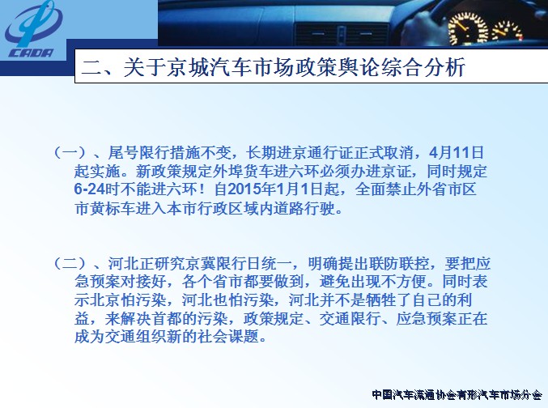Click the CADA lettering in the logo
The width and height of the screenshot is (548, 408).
tap(31, 53)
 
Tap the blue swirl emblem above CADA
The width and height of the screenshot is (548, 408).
tap(33, 23)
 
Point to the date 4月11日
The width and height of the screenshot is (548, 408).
tap(457, 152)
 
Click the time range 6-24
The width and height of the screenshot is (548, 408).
tap(90, 189)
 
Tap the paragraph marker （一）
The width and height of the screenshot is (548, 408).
tap(70, 152)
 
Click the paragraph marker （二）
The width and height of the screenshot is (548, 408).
tap(70, 263)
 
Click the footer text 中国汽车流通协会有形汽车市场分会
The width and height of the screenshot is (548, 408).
tap(457, 395)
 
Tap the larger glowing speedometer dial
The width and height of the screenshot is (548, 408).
tap(469, 28)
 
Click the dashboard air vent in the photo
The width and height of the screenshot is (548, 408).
tap(341, 33)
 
